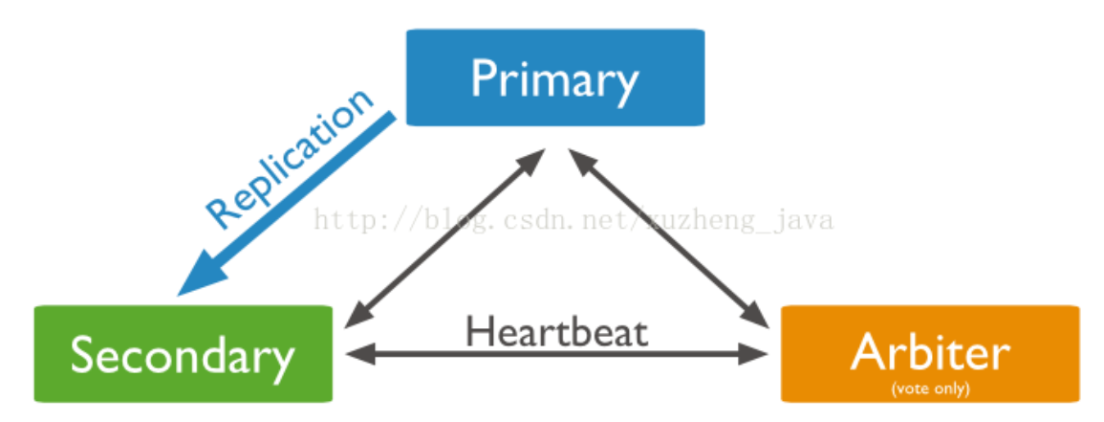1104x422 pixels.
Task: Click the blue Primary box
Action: pos(555,77)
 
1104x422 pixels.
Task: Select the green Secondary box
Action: pos(183,354)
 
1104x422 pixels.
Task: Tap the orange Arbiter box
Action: pos(930,354)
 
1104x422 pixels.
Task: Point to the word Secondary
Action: pos(183,357)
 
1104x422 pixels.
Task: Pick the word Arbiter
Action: pos(929,351)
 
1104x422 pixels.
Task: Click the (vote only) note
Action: pos(929,389)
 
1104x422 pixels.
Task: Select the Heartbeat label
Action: pos(556,332)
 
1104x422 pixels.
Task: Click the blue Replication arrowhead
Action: pos(196,278)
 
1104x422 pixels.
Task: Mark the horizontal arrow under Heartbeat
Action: pos(556,355)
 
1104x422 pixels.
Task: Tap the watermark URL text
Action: pos(574,221)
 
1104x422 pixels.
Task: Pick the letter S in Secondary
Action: pos(85,357)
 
